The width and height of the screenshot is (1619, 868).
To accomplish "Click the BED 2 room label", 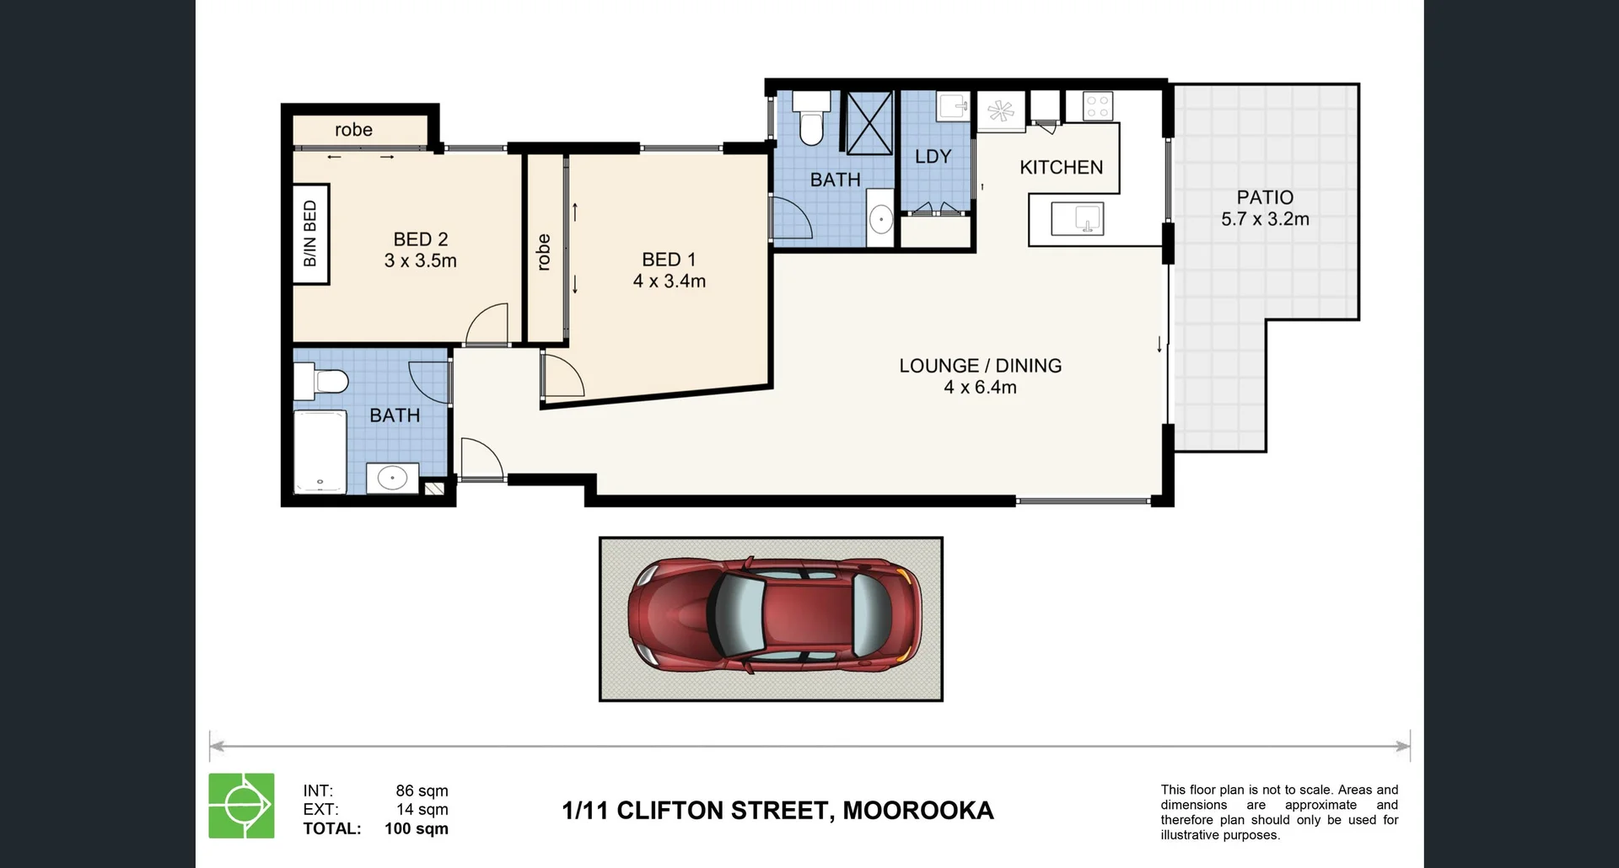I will pyautogui.click(x=420, y=239).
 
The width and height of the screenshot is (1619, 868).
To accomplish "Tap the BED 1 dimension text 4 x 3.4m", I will pyautogui.click(x=669, y=281).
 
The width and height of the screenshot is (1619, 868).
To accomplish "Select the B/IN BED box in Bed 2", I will pyautogui.click(x=309, y=233).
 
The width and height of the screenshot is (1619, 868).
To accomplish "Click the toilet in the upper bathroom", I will pyautogui.click(x=811, y=119).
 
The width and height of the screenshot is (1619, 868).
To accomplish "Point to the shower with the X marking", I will pyautogui.click(x=869, y=123).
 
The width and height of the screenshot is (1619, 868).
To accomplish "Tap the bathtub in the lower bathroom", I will pyautogui.click(x=320, y=451).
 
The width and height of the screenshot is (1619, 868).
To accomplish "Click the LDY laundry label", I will pyautogui.click(x=932, y=157).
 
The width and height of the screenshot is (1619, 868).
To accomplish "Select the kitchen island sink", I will pyautogui.click(x=1077, y=219).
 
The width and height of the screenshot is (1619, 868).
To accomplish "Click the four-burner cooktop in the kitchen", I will pyautogui.click(x=1097, y=106).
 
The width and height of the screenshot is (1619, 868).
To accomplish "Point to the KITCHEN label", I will pyautogui.click(x=1061, y=168).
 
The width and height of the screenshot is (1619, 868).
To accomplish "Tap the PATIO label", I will pyautogui.click(x=1264, y=197).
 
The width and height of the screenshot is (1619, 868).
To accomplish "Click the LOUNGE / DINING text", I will pyautogui.click(x=980, y=366).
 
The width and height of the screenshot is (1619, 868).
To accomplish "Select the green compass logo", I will pyautogui.click(x=241, y=806).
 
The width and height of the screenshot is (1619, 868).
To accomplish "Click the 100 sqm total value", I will pyautogui.click(x=416, y=828).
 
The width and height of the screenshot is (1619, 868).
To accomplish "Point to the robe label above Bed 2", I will pyautogui.click(x=353, y=130).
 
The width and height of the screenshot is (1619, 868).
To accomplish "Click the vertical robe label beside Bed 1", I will pyautogui.click(x=544, y=252).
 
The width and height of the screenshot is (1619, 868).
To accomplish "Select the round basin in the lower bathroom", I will pyautogui.click(x=392, y=479).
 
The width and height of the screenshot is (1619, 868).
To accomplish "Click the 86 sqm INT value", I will pyautogui.click(x=422, y=790).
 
